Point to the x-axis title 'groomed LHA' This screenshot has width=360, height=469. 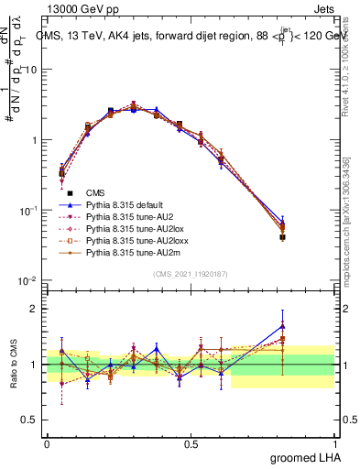coord(311,455)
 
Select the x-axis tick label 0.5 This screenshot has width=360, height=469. coord(191,442)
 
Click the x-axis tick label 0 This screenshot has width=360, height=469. coord(47,442)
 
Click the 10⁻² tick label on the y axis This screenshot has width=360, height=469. coord(28,280)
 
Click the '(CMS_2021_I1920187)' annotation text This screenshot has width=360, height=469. coord(191,273)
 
